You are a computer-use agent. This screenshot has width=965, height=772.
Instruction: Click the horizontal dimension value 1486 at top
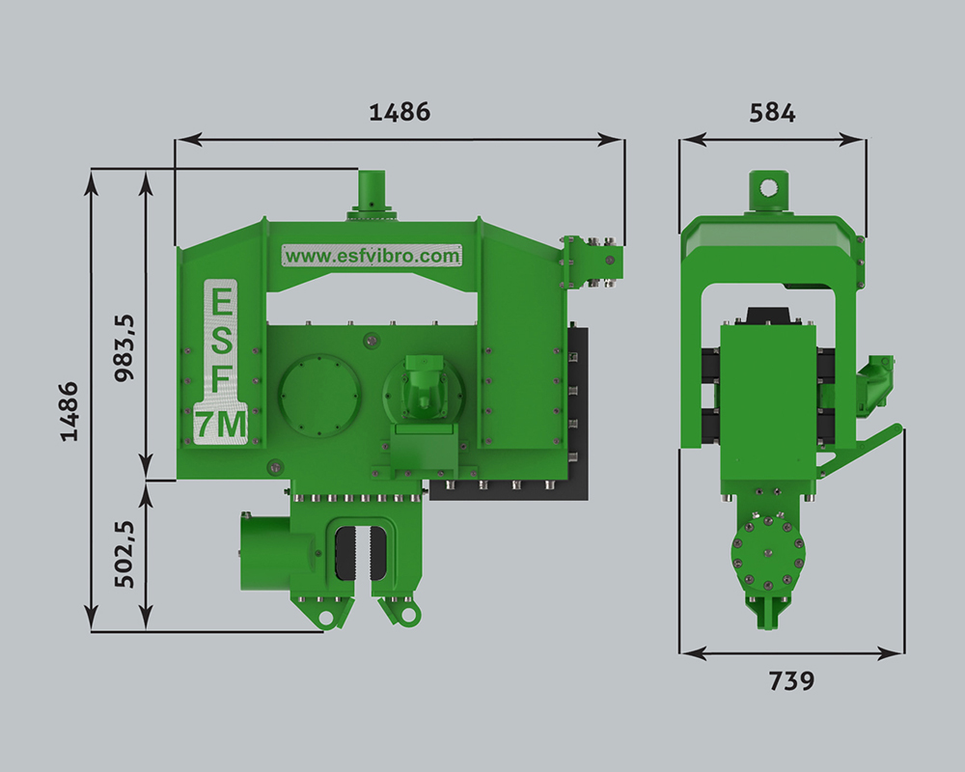400,111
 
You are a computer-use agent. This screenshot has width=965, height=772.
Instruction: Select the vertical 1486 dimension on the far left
69,411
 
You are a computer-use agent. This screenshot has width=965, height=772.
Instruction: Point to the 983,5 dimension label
124,347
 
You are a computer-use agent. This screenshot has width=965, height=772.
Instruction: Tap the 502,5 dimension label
124,554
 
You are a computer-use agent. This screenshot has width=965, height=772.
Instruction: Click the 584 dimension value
772,113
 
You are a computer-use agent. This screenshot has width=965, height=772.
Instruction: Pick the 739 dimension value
791,681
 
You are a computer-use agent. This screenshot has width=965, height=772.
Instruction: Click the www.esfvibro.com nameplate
372,256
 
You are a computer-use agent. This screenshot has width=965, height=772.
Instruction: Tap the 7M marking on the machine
221,425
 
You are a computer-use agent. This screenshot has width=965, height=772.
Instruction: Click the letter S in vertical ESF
222,341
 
